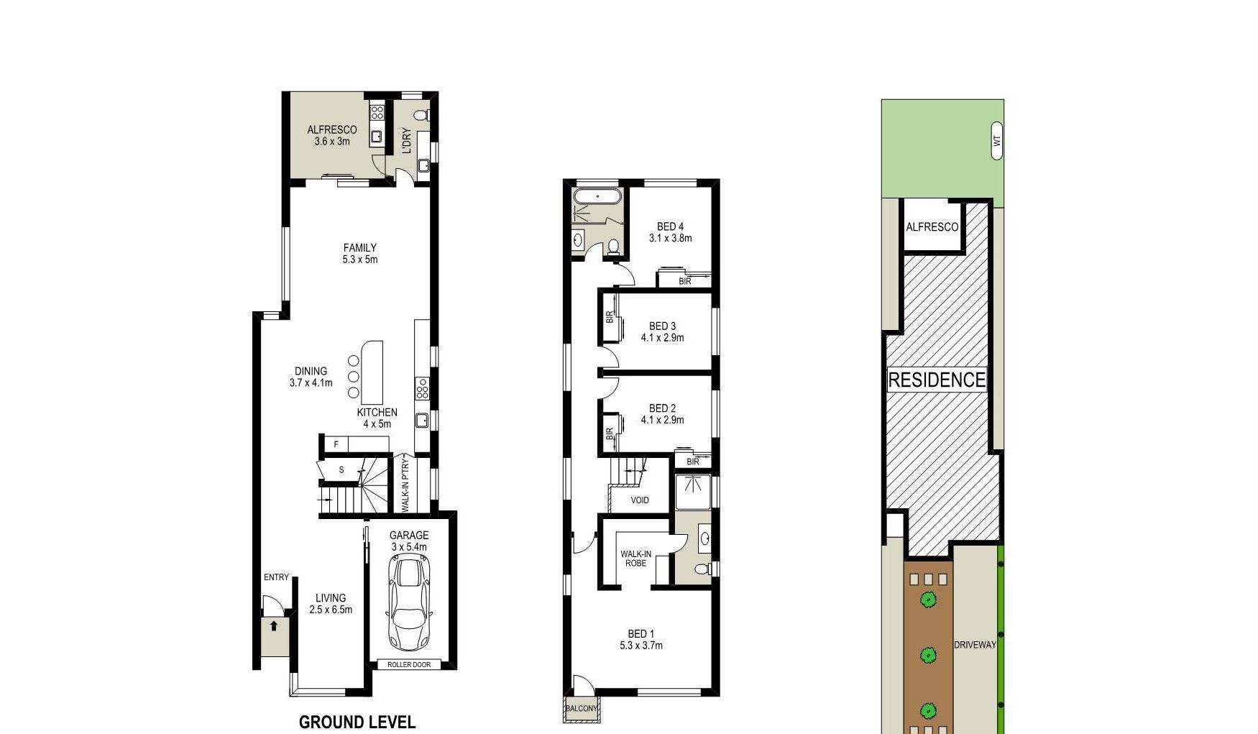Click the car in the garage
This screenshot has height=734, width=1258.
coord(409,604)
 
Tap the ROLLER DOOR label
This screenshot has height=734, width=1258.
coord(409,664)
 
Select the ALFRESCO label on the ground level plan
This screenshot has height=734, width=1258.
coord(332,130)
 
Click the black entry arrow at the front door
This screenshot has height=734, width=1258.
coord(273,625)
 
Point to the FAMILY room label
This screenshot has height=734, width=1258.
coord(359,248)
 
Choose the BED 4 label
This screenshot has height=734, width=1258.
coord(670,227)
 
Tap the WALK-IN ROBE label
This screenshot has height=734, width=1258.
coord(636,559)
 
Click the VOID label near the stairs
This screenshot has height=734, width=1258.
coord(640,500)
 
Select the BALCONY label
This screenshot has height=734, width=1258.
coord(582,708)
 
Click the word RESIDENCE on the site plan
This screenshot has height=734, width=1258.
coord(937,380)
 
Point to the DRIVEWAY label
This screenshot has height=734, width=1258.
coord(975,645)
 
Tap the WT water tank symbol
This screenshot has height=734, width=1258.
coord(996,141)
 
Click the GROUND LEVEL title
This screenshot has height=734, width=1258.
coord(357,722)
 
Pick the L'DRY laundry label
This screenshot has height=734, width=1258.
coord(406,141)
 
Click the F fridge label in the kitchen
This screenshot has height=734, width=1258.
coord(336,444)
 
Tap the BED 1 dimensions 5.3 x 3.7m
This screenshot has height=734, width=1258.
coord(641,646)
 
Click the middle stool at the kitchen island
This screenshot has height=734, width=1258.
coord(353,377)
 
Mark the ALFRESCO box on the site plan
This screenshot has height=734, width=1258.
coord(932,226)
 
